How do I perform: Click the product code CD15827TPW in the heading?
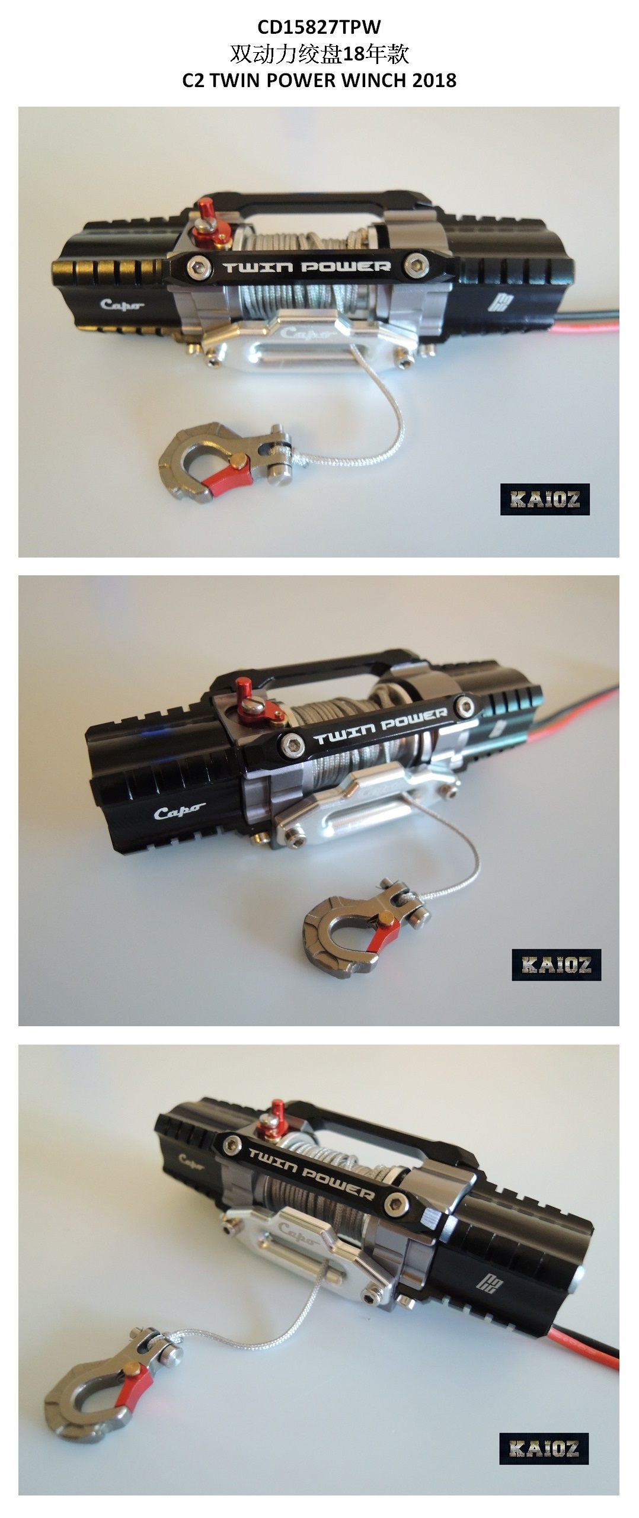coord(319,27)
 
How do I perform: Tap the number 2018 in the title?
coord(434,81)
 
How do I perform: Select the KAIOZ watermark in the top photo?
coord(545,499)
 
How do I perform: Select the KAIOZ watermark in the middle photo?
coord(557,965)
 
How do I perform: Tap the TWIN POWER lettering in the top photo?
coord(307,267)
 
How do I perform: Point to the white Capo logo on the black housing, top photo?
coord(122,305)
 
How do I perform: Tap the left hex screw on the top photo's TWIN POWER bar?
coord(199,267)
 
